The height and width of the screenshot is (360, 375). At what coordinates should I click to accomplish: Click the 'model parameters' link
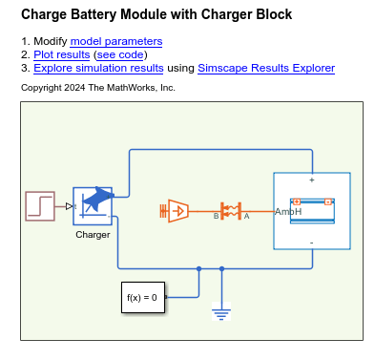click(115, 42)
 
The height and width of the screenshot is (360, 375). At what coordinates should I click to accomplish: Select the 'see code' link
click(141, 55)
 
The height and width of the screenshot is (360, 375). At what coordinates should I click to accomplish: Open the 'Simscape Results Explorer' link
click(266, 69)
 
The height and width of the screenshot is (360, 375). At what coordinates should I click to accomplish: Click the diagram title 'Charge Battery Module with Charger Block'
click(156, 15)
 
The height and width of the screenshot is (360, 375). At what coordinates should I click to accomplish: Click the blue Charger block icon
click(93, 205)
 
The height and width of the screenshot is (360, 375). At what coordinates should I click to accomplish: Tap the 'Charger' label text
click(93, 234)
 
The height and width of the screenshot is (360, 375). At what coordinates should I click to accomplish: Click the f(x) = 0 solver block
click(142, 298)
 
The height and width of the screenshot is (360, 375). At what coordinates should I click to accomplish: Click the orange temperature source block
click(177, 209)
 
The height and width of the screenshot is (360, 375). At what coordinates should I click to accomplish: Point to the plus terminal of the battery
click(312, 180)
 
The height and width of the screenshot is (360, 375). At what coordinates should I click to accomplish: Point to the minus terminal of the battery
click(312, 243)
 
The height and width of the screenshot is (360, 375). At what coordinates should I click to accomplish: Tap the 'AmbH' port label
click(288, 211)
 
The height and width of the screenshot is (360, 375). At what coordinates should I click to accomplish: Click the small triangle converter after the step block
click(70, 205)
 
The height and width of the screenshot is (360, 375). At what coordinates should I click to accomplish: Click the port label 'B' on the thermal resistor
click(216, 218)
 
